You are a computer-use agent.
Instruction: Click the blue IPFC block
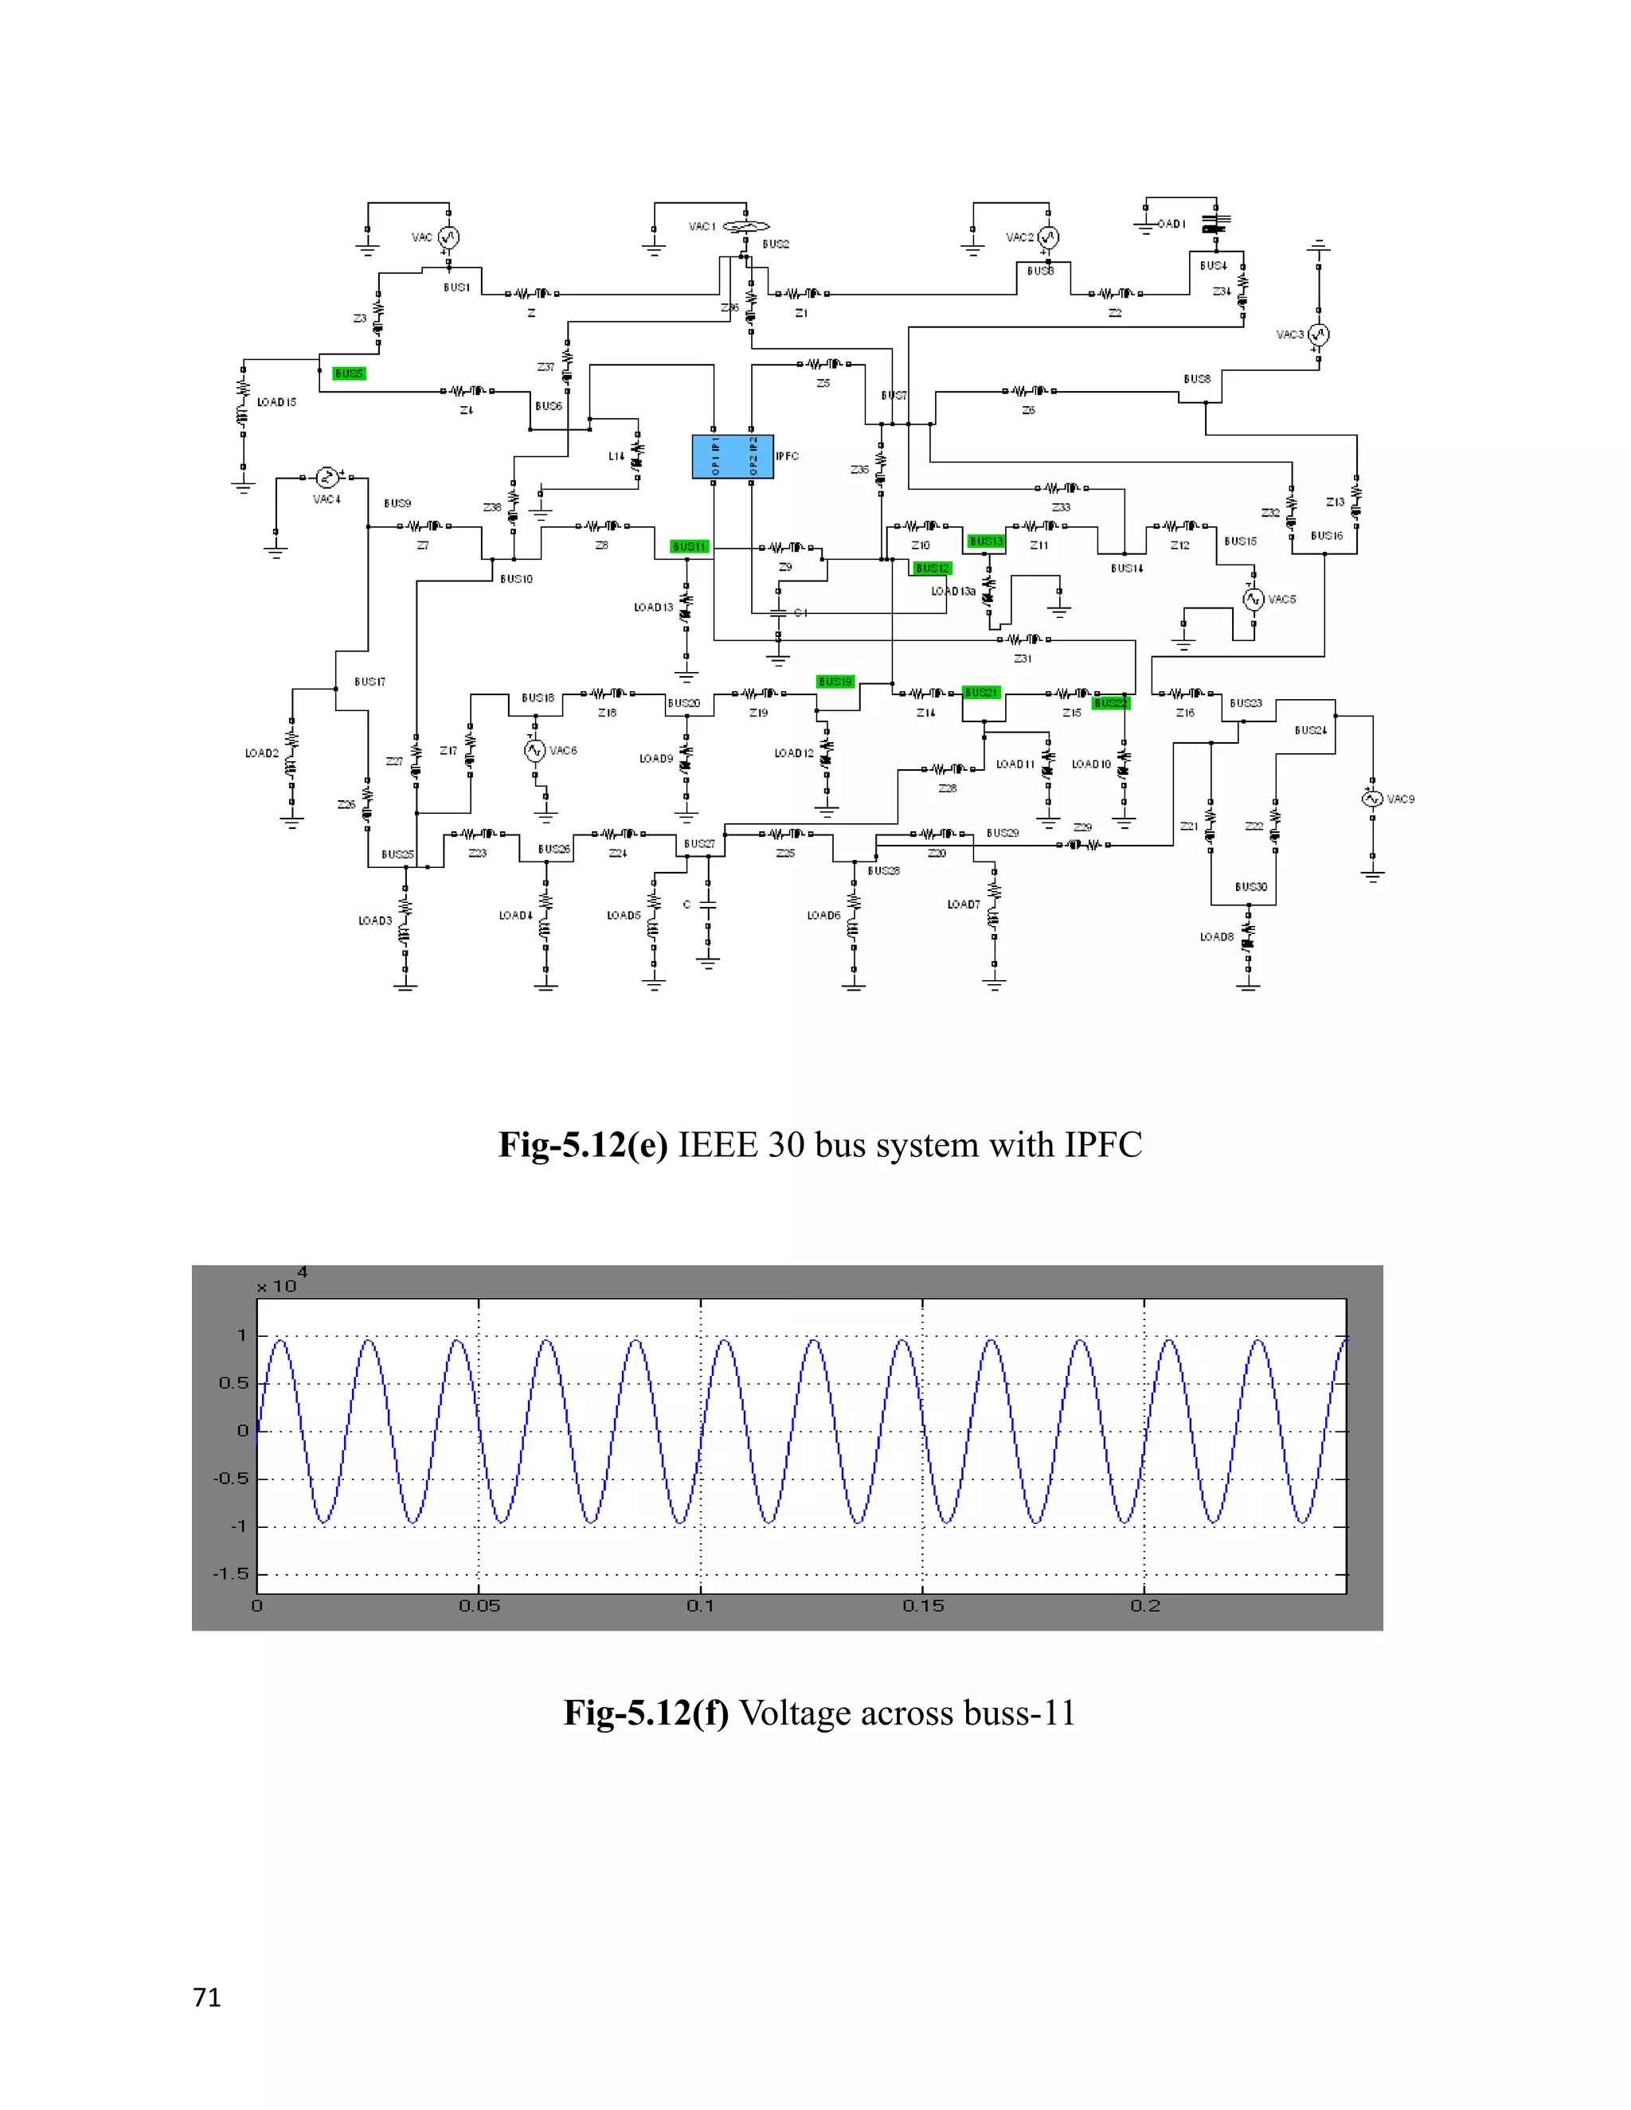pyautogui.click(x=733, y=457)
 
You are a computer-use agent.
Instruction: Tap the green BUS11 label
pyautogui.click(x=690, y=547)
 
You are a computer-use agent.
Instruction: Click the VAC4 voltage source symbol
pyautogui.click(x=327, y=477)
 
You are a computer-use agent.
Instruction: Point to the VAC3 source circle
pyautogui.click(x=1318, y=335)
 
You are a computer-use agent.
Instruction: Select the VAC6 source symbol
pyautogui.click(x=535, y=751)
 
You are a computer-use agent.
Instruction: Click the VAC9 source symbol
pyautogui.click(x=1372, y=799)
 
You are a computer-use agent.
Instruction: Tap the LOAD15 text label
pyautogui.click(x=276, y=402)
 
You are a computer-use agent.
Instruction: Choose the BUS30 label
pyautogui.click(x=1250, y=887)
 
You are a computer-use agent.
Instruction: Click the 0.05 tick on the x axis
pyautogui.click(x=479, y=1606)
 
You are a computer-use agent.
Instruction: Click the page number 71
pyautogui.click(x=207, y=1998)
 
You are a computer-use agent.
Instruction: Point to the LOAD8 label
pyautogui.click(x=1217, y=937)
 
